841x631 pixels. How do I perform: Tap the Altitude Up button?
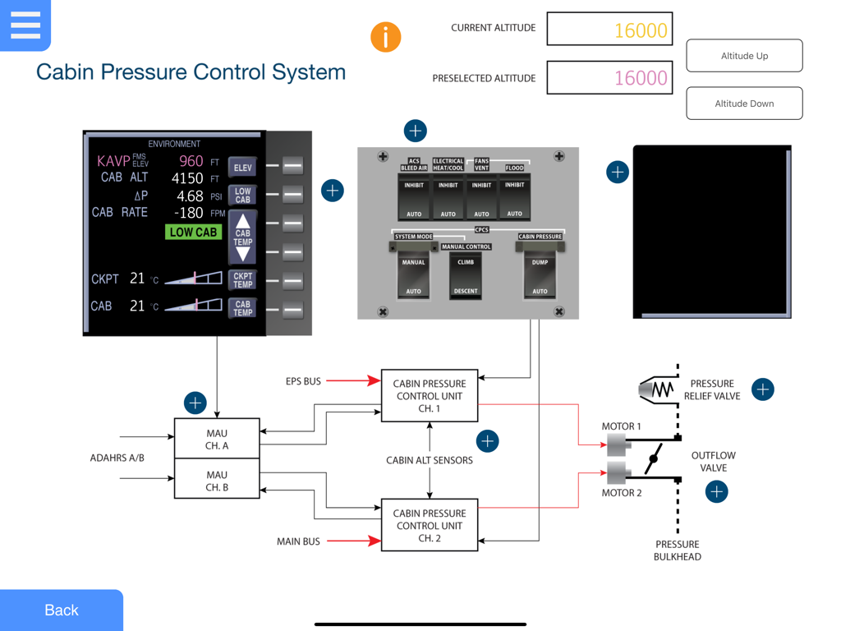point(744,56)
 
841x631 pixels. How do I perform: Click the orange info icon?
point(385,37)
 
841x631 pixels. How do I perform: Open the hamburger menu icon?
point(25,25)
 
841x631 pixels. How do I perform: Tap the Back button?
point(62,610)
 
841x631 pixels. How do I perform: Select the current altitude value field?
point(609,30)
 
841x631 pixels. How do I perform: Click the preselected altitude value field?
point(609,78)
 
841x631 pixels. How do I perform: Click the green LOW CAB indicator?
point(193,233)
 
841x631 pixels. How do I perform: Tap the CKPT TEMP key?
point(242,280)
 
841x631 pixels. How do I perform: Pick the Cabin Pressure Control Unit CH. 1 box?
point(430,395)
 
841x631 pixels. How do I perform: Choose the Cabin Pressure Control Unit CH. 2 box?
point(430,525)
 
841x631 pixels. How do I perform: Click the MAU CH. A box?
point(217,439)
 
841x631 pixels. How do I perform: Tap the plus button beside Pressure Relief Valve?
point(763,389)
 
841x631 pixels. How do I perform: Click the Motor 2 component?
point(617,473)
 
